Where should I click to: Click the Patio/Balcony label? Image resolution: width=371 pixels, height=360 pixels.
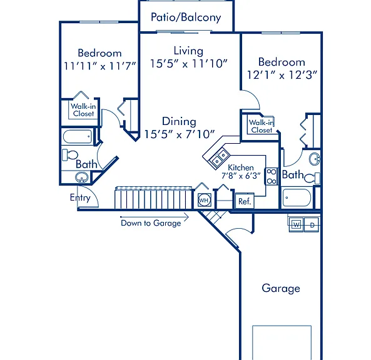[x=186, y=17]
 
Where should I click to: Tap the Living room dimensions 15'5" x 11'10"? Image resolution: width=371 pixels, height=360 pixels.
[x=189, y=64]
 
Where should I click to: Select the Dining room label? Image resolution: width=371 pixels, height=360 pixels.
[x=179, y=121]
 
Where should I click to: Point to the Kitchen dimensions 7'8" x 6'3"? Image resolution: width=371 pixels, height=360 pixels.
[x=241, y=176]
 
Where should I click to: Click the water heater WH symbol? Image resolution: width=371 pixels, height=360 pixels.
[x=204, y=201]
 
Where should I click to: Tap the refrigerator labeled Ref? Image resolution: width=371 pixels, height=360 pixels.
[x=245, y=201]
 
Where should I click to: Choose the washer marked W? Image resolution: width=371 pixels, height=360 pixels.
[x=296, y=224]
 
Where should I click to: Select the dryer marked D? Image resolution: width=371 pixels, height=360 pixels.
[x=312, y=225]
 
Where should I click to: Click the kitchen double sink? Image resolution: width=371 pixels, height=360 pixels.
[x=220, y=158]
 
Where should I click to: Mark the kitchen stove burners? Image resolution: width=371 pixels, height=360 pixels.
[x=271, y=176]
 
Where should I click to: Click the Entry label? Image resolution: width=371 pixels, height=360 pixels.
[x=80, y=197]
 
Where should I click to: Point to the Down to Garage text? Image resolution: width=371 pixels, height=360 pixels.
[x=151, y=223]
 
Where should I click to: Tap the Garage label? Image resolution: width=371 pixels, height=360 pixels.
[x=281, y=288]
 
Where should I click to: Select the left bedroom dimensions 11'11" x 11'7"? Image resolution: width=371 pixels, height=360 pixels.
[x=100, y=66]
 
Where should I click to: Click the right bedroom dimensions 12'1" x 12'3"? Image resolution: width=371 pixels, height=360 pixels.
[x=282, y=75]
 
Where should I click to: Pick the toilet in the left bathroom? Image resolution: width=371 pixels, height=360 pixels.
[x=70, y=155]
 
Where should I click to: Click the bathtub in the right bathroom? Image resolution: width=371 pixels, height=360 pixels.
[x=297, y=197]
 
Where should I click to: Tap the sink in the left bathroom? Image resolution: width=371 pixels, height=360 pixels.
[x=81, y=177]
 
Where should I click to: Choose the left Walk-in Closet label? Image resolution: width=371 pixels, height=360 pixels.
[x=83, y=110]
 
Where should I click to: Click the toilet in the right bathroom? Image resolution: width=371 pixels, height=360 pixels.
[x=312, y=178]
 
